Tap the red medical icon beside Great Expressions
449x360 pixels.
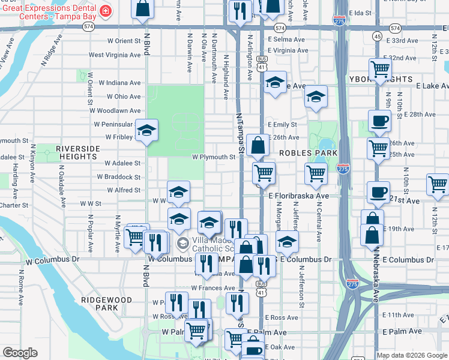(106, 11)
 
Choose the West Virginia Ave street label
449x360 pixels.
(115, 55)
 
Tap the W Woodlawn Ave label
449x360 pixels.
(118, 111)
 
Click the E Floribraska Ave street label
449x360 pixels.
(298, 196)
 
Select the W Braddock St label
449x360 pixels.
(122, 178)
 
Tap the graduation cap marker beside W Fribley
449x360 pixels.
(146, 130)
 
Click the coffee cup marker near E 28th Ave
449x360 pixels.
(379, 121)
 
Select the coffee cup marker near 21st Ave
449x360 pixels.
(378, 192)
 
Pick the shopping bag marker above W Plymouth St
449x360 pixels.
(258, 145)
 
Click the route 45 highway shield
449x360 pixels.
(377, 37)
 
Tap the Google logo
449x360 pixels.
(20, 353)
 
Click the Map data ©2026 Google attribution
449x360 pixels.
(412, 355)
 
